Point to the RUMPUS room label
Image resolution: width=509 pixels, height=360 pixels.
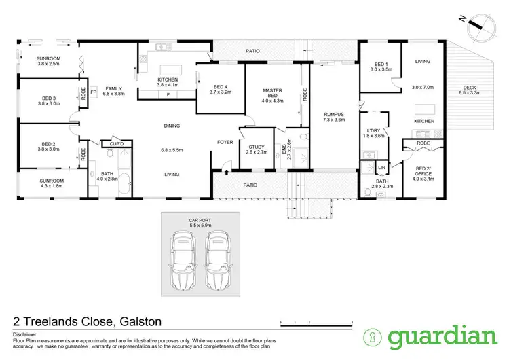point(335,114)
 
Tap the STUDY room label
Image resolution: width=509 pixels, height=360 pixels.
point(257,147)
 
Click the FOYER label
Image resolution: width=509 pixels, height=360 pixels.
point(225,142)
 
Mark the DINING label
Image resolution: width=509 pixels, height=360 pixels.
point(172,126)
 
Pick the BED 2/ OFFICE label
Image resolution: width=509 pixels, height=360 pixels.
point(423,171)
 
